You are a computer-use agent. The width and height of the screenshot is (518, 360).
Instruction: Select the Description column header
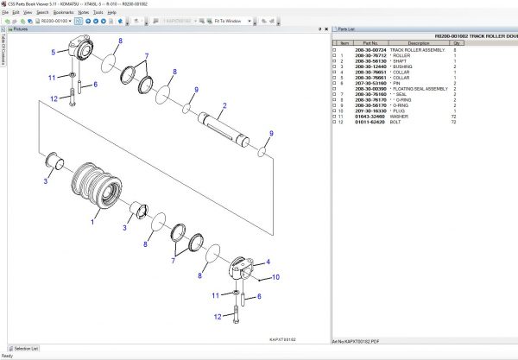tap(418, 42)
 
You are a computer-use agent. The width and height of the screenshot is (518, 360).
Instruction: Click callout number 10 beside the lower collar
tap(276, 277)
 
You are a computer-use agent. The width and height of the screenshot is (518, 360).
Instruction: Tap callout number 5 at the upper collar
tap(54, 53)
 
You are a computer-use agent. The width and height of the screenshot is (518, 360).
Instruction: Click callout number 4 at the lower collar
tap(267, 262)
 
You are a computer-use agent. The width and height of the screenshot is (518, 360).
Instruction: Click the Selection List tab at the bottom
tap(24, 348)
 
